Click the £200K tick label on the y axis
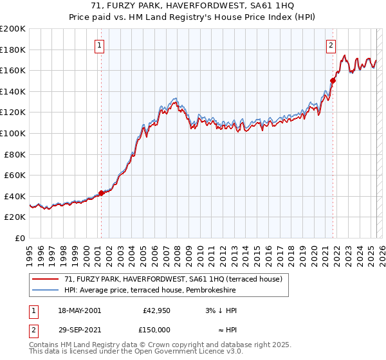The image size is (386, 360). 13,29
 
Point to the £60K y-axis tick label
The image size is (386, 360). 15,175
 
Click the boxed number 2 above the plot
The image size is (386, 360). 331,45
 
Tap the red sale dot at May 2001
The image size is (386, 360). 101,193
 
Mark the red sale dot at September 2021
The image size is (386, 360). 333,80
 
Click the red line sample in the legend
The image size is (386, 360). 45,279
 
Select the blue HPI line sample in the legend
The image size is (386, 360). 45,289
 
